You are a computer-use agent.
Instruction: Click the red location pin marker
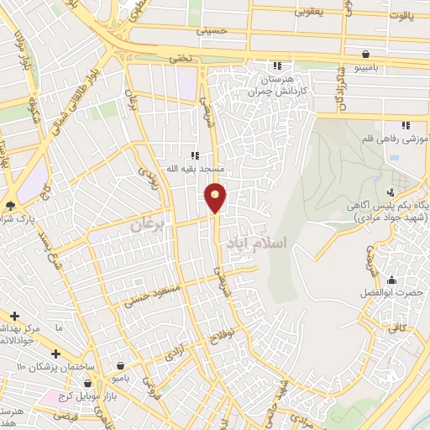[x=217, y=197]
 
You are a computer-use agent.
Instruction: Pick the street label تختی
[x=182, y=59]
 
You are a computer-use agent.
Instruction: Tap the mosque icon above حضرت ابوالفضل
[x=391, y=280]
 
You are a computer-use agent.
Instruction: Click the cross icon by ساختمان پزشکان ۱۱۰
[x=55, y=354]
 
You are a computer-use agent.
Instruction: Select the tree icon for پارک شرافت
[x=10, y=205]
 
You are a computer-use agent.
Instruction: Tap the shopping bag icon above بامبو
[x=124, y=366]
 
